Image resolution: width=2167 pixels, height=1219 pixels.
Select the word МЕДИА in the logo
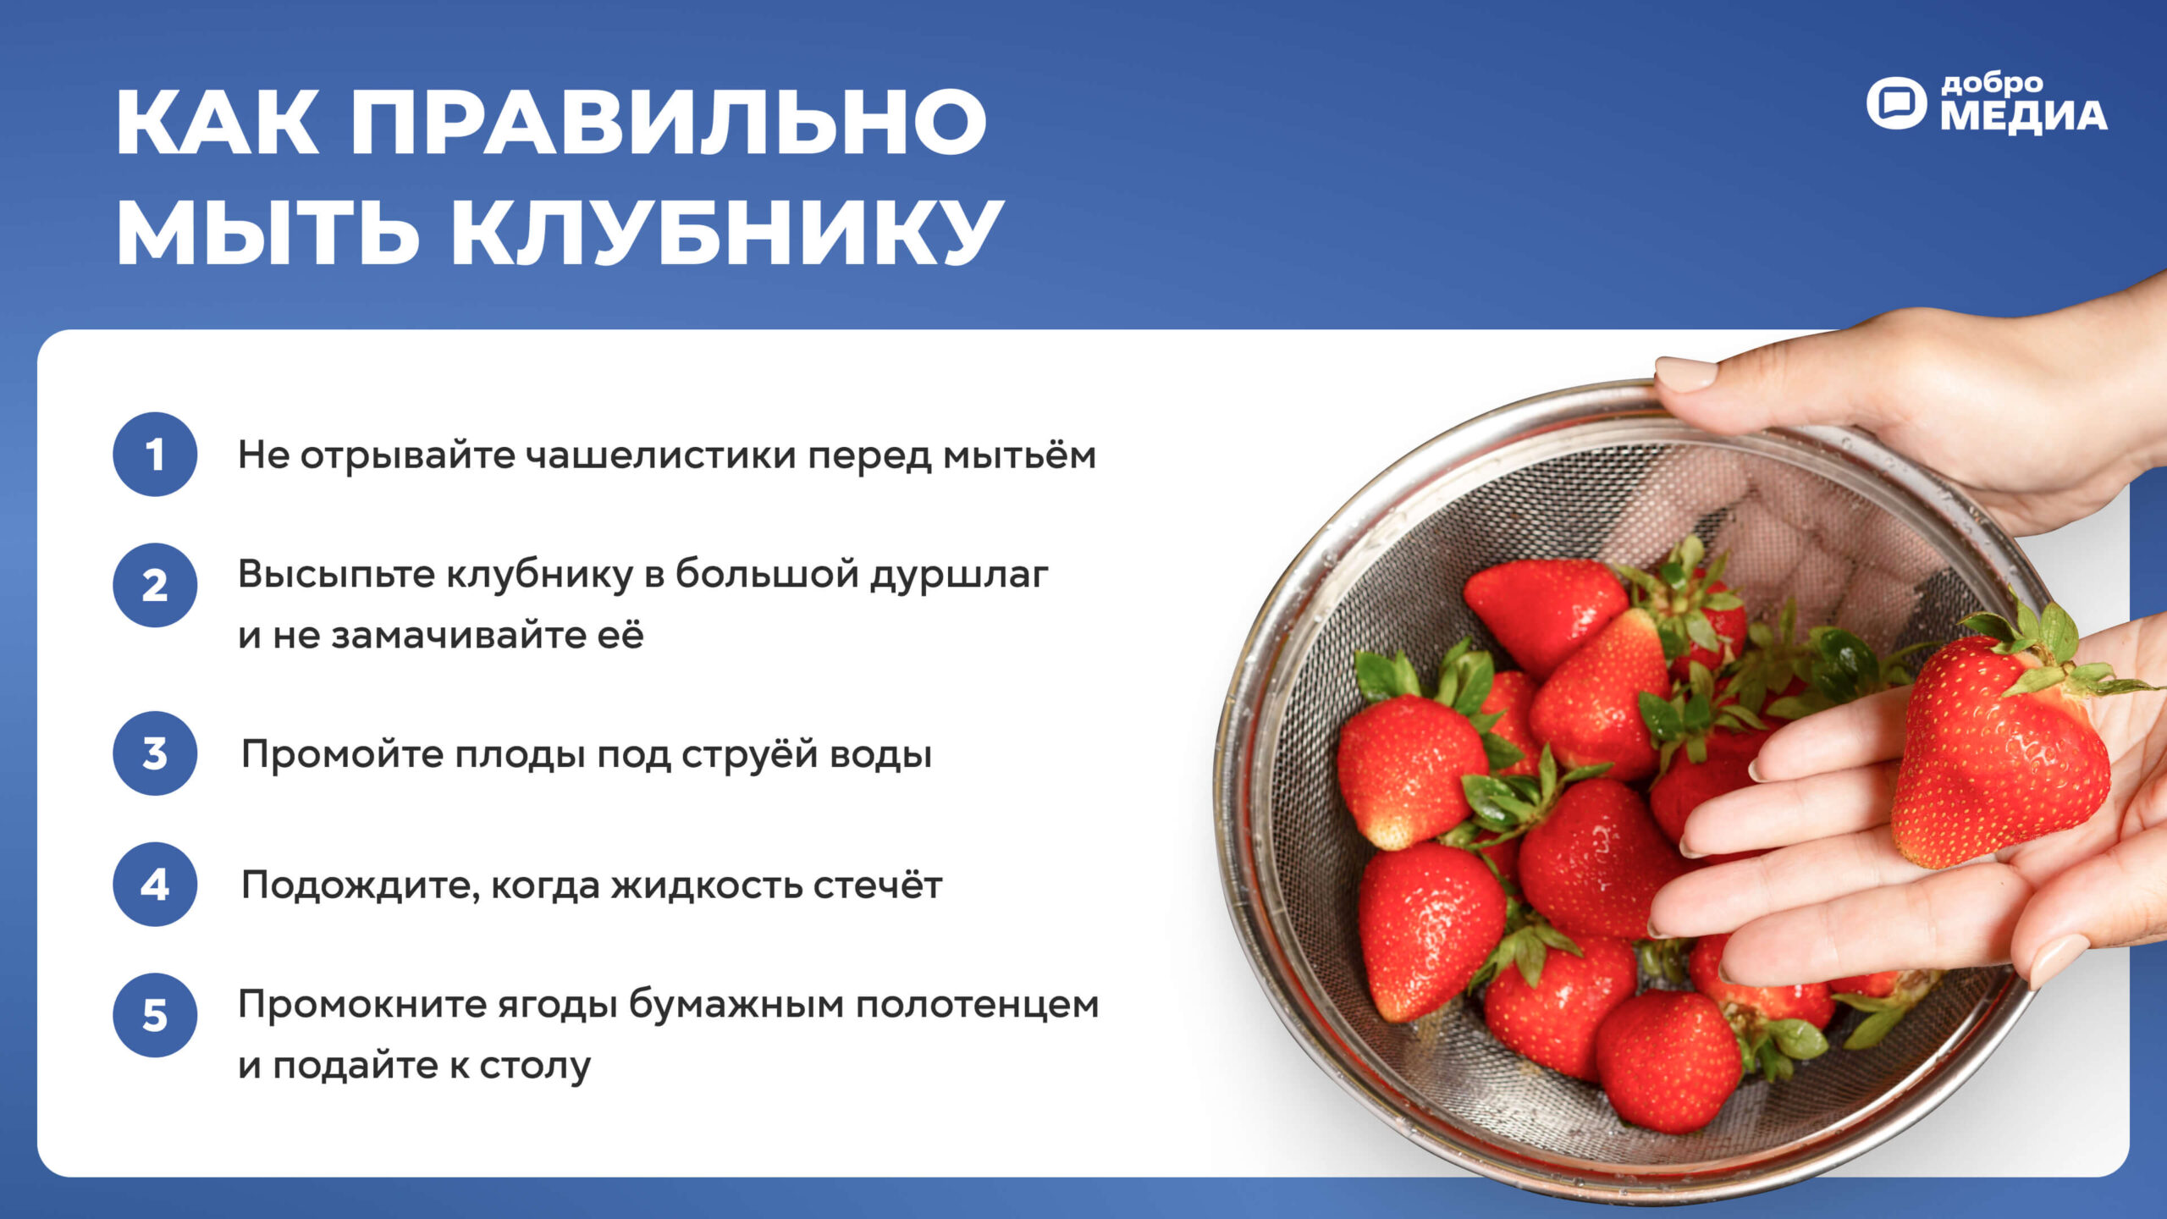[x=2024, y=117]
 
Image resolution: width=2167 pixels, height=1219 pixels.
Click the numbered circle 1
[x=155, y=455]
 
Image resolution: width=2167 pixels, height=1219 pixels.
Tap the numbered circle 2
[x=155, y=585]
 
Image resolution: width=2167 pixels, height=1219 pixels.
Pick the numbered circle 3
[x=155, y=753]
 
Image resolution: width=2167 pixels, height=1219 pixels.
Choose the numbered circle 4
[x=155, y=885]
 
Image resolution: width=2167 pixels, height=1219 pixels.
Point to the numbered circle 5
[x=155, y=1015]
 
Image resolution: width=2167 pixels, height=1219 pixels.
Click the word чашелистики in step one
[x=661, y=456]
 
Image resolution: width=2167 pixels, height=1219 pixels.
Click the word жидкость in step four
[x=706, y=886]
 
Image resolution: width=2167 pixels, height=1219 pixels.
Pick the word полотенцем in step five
[x=977, y=1005]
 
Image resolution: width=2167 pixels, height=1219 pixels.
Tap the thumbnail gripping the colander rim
[x=1685, y=373]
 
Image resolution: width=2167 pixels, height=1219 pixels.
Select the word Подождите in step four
[x=361, y=887]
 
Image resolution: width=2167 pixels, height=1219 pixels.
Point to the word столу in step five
[x=535, y=1067]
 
